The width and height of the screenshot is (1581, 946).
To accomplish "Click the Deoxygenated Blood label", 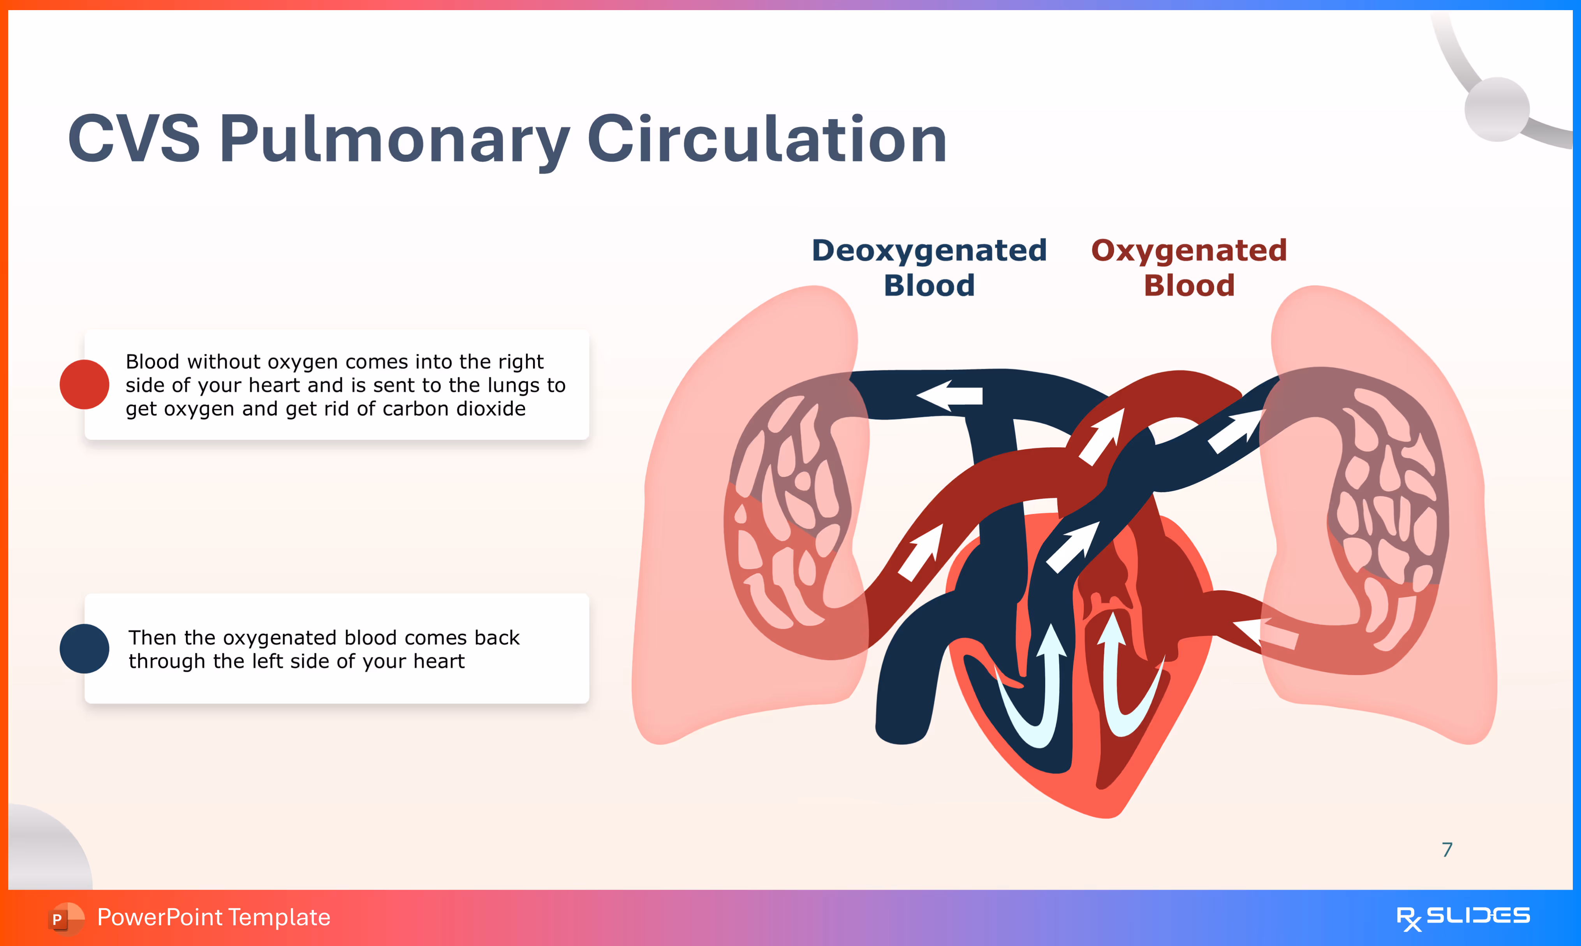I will point(929,268).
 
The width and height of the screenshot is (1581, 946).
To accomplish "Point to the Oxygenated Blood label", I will point(1189,268).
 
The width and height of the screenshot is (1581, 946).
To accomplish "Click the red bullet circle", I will point(84,384).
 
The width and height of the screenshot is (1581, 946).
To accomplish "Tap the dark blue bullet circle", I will point(84,648).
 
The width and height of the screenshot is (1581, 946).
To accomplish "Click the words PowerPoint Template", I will point(213,917).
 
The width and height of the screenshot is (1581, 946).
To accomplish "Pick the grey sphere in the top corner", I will point(1497,109).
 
